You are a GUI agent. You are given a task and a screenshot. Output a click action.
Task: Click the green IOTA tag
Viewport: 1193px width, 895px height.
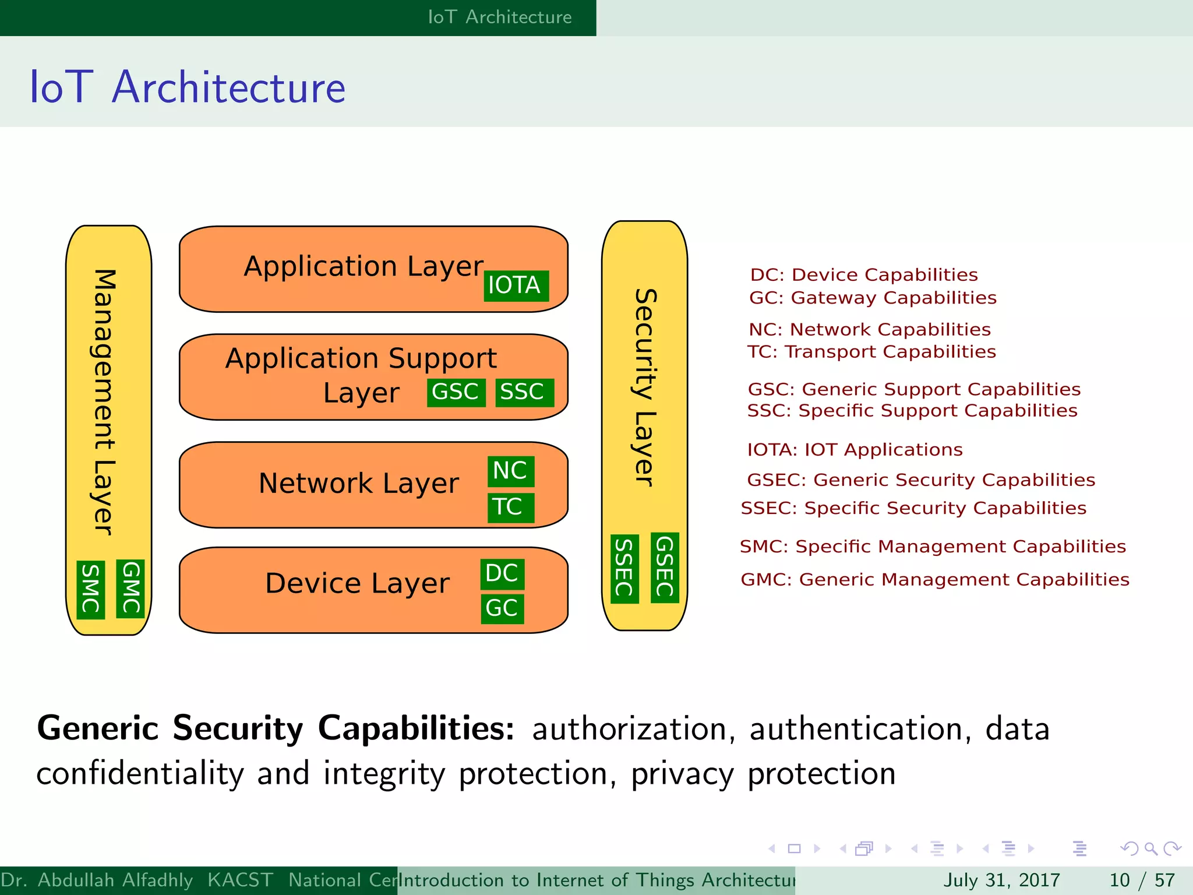coord(516,286)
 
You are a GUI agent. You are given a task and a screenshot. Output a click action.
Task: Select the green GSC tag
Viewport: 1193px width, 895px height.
coord(456,392)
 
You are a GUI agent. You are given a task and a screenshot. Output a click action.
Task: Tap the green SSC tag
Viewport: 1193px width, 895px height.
coord(524,392)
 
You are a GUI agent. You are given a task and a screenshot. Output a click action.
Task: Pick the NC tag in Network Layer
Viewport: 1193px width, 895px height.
coord(510,471)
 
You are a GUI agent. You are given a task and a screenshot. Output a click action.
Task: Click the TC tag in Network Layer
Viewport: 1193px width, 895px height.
coord(510,507)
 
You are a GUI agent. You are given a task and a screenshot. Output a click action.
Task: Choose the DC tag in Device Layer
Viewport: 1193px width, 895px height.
coord(502,574)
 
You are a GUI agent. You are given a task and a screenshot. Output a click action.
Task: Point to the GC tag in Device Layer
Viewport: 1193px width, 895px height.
coord(502,609)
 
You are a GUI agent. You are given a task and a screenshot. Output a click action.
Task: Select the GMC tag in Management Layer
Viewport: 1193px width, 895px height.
coord(130,589)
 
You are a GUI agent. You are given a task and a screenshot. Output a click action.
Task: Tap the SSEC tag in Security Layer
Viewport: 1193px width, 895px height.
coord(624,568)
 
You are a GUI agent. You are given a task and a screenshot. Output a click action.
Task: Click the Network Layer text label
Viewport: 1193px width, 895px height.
coord(359,484)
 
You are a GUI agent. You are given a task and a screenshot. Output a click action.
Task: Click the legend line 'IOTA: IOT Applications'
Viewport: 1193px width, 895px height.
coord(855,450)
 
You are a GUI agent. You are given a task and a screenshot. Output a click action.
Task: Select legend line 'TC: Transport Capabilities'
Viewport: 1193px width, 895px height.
coord(871,352)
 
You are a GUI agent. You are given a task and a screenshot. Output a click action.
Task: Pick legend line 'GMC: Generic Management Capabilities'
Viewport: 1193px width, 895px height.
coord(934,580)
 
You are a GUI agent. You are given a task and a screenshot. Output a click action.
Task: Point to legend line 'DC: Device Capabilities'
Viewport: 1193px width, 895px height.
coord(864,275)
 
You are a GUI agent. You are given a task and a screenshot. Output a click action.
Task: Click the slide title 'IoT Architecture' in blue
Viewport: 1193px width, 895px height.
coord(188,87)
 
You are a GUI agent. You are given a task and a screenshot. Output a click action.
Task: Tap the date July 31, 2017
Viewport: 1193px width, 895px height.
coord(1001,880)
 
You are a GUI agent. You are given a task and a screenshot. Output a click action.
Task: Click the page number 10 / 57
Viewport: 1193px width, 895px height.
coord(1142,880)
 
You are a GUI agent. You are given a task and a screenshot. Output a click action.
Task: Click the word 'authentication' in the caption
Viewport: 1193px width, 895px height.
coord(858,730)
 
